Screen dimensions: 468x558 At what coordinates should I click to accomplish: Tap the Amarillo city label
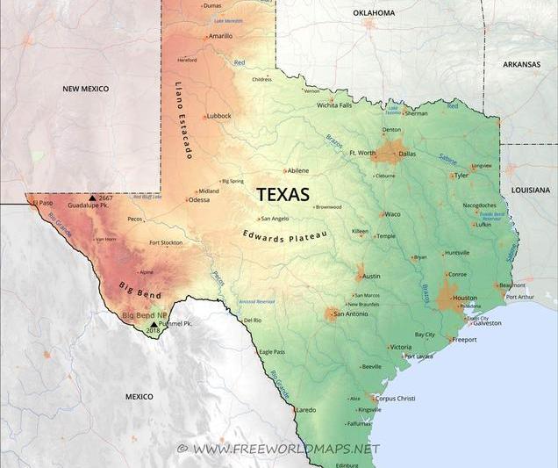click(x=220, y=36)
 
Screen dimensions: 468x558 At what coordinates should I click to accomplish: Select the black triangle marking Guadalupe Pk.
click(x=93, y=198)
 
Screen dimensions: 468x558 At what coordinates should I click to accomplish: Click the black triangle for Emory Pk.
click(x=154, y=324)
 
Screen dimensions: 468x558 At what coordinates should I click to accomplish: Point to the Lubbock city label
click(x=219, y=116)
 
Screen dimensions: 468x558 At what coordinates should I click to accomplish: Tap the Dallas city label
click(x=407, y=154)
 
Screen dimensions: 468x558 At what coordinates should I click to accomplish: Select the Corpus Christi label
click(x=395, y=398)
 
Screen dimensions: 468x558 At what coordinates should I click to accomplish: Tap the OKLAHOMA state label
click(x=374, y=13)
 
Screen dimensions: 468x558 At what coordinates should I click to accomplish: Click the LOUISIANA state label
click(x=531, y=189)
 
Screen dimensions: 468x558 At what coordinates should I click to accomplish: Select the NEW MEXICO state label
click(x=85, y=89)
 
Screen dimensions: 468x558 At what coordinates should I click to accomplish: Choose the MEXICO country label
click(x=139, y=397)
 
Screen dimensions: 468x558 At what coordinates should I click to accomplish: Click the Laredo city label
click(x=306, y=409)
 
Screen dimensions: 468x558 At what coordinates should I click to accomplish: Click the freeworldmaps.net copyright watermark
click(x=278, y=449)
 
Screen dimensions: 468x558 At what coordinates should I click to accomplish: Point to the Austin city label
click(x=371, y=276)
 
